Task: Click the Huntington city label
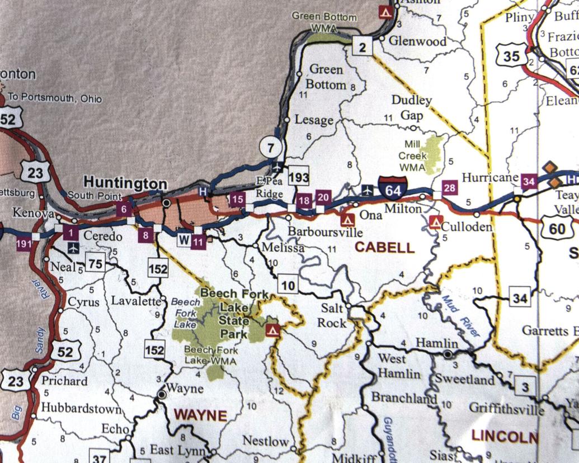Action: (125, 183)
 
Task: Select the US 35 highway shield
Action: (511, 55)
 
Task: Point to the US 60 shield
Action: (557, 229)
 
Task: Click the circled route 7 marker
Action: (271, 148)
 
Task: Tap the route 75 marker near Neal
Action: (96, 264)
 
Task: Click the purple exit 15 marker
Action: (237, 198)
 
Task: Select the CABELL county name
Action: (385, 247)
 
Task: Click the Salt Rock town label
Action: (332, 315)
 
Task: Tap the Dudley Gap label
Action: (411, 108)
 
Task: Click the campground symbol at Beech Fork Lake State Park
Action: (273, 329)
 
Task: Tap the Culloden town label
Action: (466, 226)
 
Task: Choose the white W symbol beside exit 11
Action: (183, 240)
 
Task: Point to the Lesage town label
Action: (313, 120)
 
